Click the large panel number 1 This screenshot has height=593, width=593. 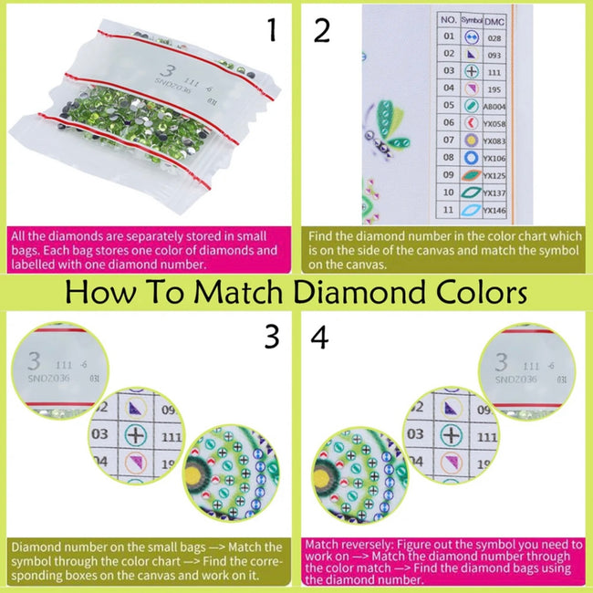coord(271,33)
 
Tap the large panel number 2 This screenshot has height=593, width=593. coord(322,33)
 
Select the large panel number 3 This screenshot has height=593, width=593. coord(271,337)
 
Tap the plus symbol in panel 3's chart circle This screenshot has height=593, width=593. coord(136,435)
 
